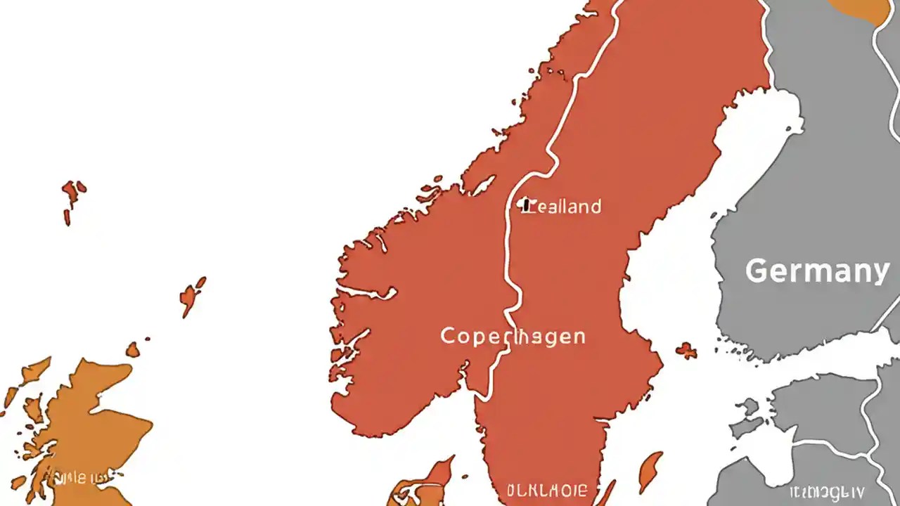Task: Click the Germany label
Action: pos(817,271)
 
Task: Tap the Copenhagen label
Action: pos(513,336)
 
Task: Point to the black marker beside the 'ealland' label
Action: pos(524,204)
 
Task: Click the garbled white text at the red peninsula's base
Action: pos(546,489)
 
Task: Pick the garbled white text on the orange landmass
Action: pos(77,479)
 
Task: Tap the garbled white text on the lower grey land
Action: pos(827,492)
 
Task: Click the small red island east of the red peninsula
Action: pos(686,350)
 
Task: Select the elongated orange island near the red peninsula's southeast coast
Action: pos(650,470)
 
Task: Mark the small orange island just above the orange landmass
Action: pos(132,349)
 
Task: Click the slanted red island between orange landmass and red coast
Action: pos(191,296)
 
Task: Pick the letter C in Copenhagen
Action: pos(449,336)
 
